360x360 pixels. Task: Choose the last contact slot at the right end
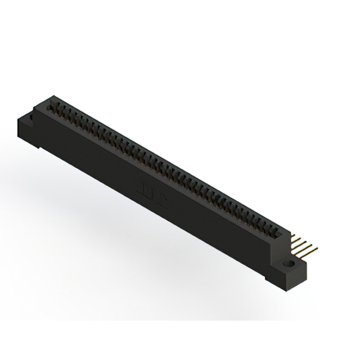click(x=272, y=231)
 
